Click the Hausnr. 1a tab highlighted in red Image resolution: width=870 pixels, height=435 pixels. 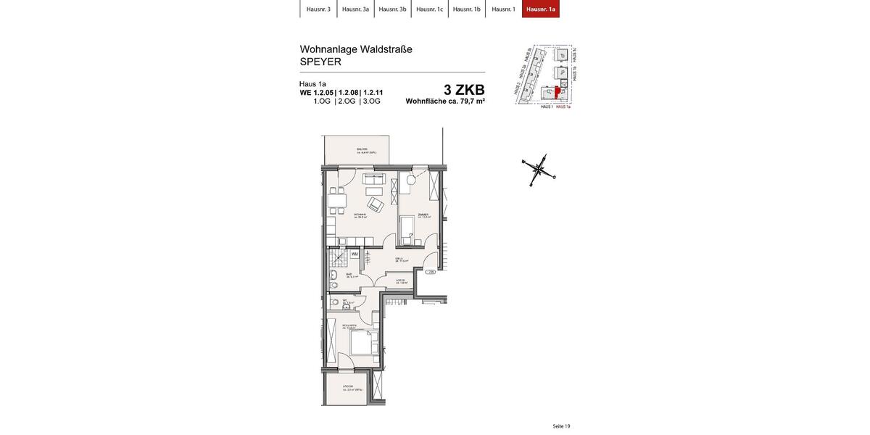541,9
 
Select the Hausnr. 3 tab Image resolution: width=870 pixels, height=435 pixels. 318,9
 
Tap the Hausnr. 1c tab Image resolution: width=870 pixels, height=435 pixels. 429,9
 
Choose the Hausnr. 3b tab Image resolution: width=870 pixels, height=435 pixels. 392,9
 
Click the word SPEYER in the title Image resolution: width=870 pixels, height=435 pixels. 320,62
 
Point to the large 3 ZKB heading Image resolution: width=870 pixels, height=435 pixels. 464,90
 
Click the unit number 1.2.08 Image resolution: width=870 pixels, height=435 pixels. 348,93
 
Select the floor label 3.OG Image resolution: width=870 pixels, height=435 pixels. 371,101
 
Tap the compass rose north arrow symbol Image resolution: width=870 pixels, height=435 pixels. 538,170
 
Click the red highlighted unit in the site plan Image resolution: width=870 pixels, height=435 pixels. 557,92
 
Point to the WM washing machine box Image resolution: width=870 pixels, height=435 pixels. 355,254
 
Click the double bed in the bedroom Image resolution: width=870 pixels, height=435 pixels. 363,342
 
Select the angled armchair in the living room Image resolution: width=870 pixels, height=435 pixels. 375,204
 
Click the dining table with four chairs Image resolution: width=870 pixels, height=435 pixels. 336,201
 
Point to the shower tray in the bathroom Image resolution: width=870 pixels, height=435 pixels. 337,258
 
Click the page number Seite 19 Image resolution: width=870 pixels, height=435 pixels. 561,426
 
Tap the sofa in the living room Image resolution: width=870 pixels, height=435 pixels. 374,178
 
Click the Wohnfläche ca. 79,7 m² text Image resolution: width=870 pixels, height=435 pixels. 445,101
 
